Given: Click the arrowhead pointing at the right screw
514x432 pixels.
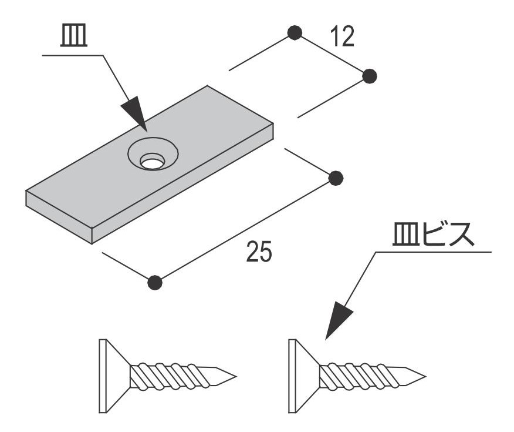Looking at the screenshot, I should [x=338, y=321].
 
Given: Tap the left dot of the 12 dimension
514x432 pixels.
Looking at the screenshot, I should [x=295, y=32].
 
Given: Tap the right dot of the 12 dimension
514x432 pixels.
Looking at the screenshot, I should [x=370, y=76].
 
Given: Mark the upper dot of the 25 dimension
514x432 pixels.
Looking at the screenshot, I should [x=336, y=178].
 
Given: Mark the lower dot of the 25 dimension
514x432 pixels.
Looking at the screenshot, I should [x=154, y=282].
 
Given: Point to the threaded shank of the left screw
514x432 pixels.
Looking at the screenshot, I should [x=170, y=377].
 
